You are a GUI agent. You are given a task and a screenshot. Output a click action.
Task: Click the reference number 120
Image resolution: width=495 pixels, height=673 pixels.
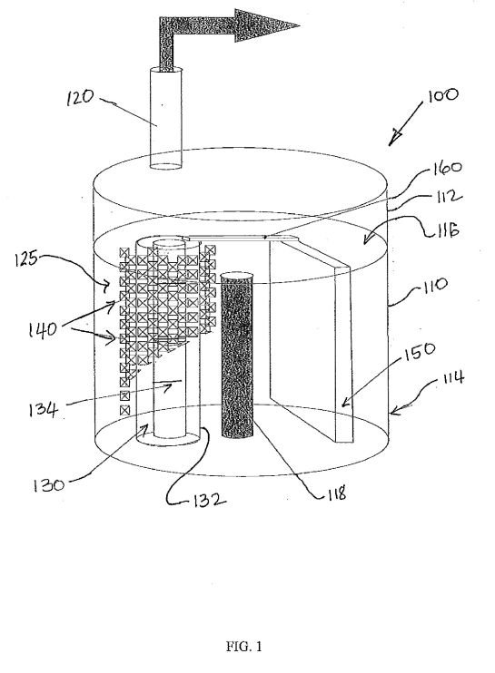tap(80, 97)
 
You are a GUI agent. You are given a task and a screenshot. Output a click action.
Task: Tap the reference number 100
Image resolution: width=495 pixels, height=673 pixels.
tap(442, 95)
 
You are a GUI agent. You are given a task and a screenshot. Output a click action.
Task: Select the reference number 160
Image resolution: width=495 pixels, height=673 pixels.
tap(447, 169)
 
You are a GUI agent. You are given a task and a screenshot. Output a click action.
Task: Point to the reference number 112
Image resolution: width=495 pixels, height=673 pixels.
tap(447, 198)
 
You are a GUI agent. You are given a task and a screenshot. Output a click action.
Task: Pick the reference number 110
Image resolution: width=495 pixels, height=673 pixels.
tap(434, 285)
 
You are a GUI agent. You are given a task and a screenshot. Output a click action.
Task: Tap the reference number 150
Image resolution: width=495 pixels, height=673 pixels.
tap(420, 351)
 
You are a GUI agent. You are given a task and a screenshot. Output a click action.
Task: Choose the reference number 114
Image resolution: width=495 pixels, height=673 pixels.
tap(452, 378)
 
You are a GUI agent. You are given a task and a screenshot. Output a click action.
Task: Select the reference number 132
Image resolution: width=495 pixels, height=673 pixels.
tap(208, 500)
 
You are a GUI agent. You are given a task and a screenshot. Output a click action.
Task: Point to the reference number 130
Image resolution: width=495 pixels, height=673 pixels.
tap(48, 485)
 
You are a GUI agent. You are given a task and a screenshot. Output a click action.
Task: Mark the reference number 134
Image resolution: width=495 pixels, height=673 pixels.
tap(43, 408)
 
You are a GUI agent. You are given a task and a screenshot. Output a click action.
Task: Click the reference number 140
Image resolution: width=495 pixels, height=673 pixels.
tap(43, 329)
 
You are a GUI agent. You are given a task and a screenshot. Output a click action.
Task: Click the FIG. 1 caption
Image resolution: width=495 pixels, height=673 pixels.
tap(244, 646)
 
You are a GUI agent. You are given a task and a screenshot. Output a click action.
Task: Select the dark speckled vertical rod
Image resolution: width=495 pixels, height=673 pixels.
tap(236, 355)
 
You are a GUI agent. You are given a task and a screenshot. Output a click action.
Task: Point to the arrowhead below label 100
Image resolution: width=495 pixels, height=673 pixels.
tap(394, 139)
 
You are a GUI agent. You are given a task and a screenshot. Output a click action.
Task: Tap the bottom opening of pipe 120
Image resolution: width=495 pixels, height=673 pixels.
tap(165, 165)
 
